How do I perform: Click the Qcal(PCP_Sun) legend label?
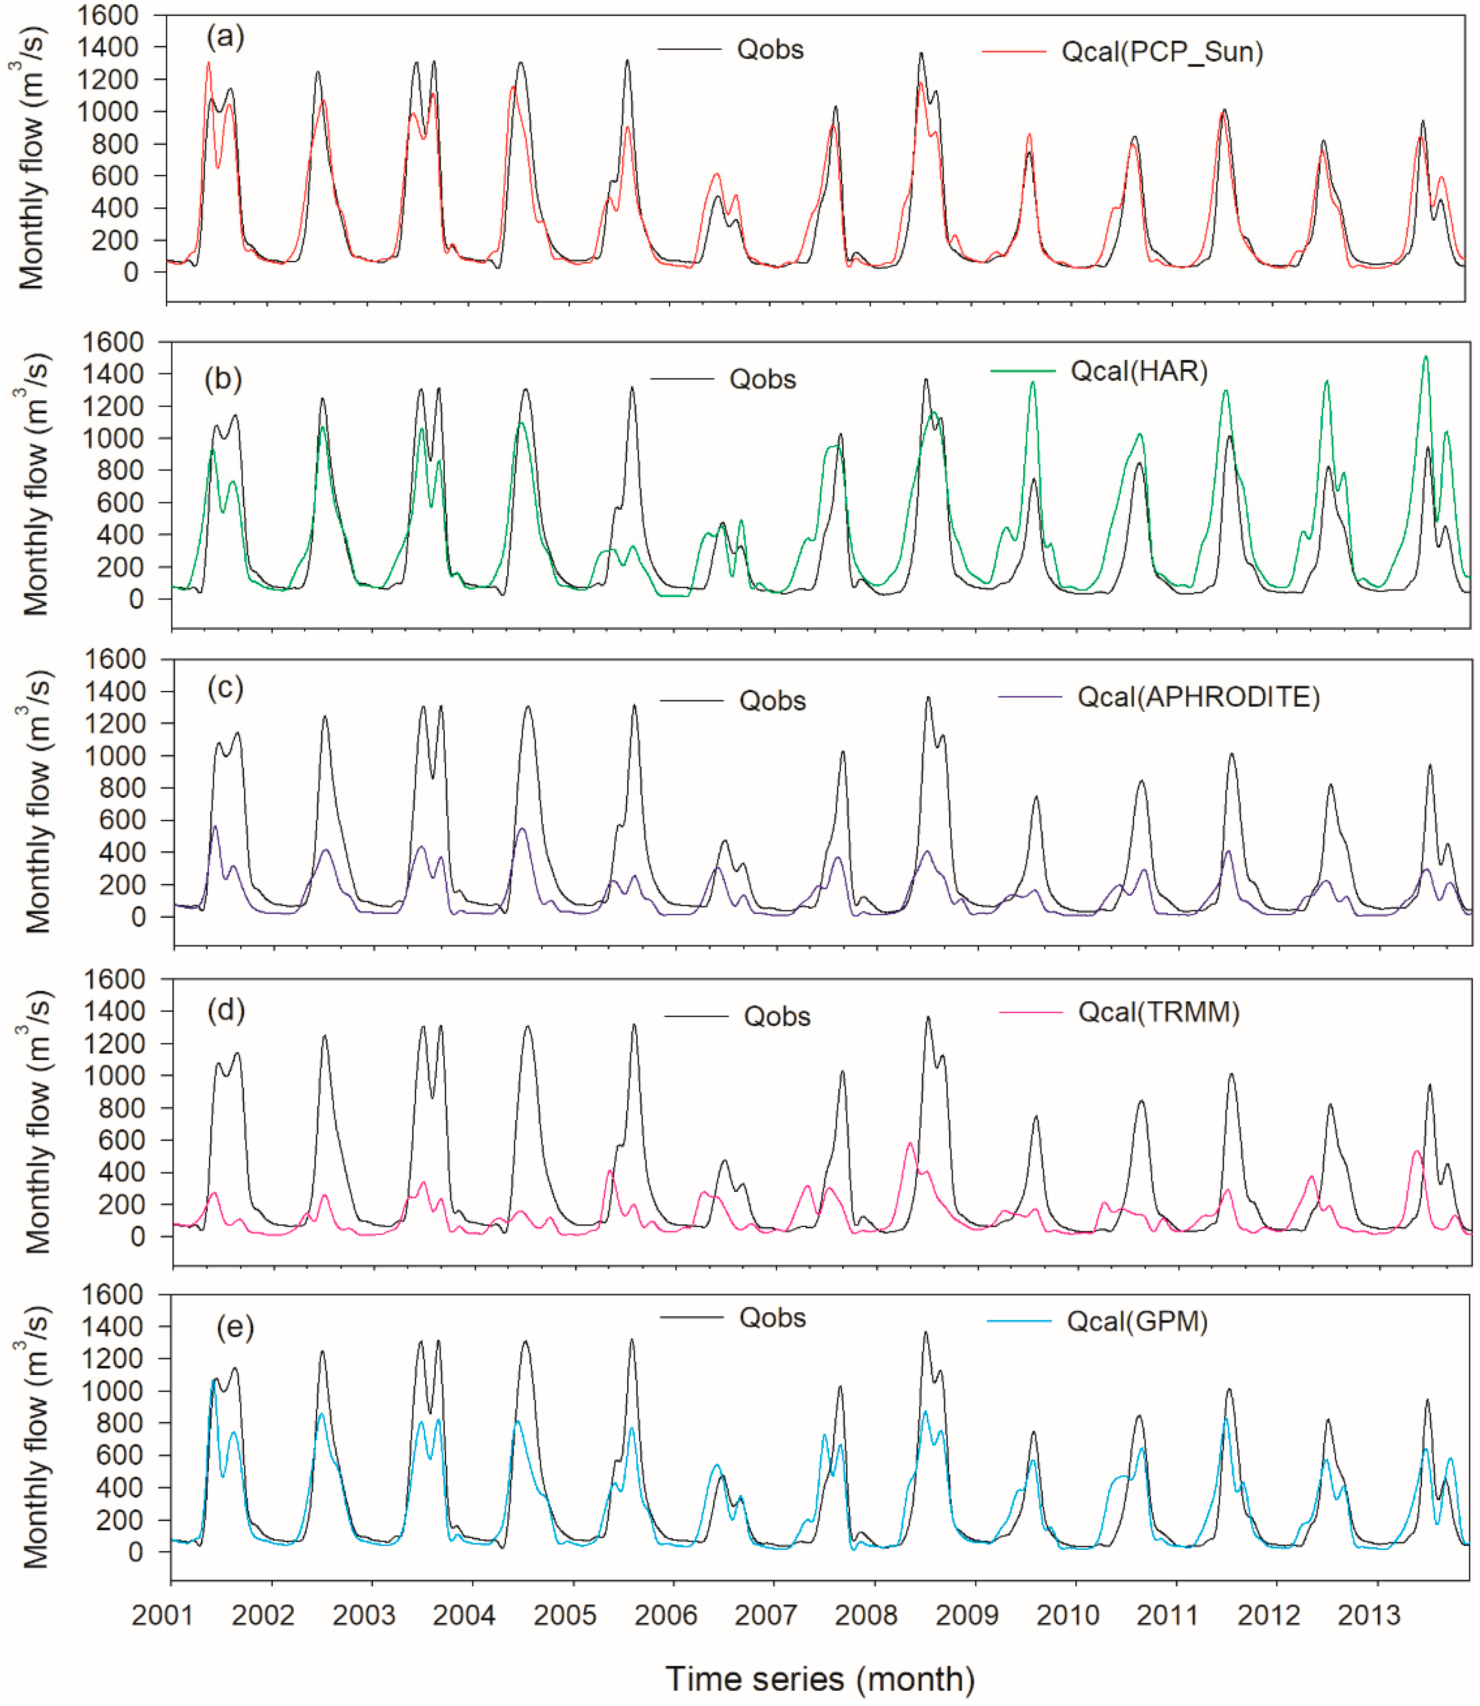(x=1162, y=52)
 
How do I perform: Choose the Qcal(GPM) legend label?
(x=1137, y=1321)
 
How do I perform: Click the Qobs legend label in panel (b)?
(x=762, y=379)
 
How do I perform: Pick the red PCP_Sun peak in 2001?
(x=208, y=63)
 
